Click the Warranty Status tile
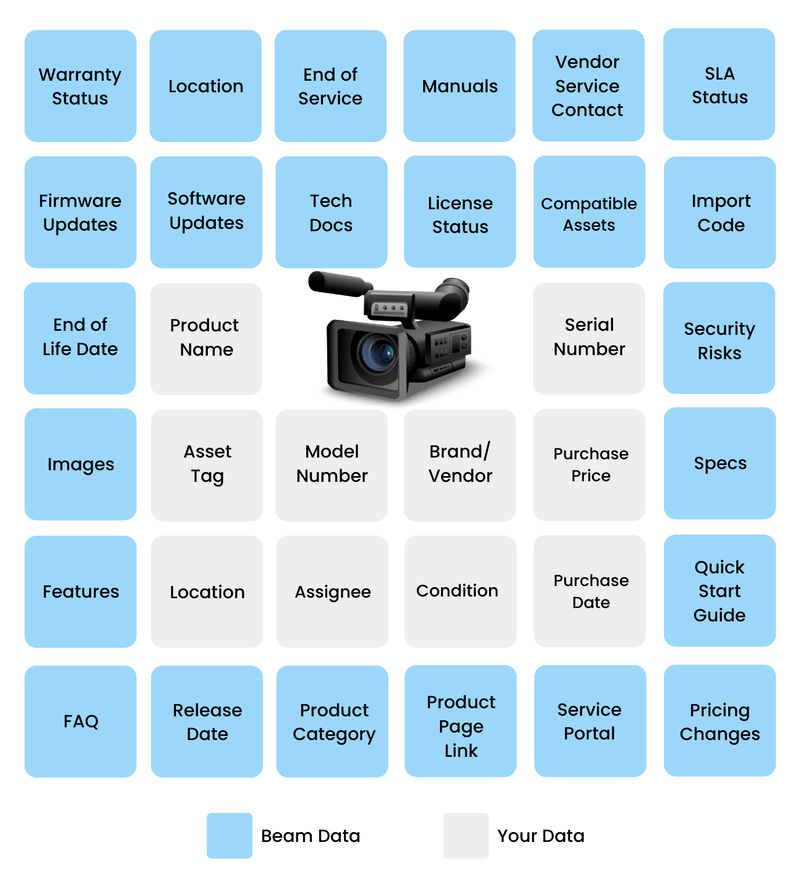point(80,86)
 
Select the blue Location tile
point(206,86)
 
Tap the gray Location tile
point(207,591)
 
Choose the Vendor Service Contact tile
point(588,86)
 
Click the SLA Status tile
point(719,86)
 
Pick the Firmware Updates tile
point(80,212)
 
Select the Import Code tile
point(720,212)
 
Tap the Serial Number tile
point(589,337)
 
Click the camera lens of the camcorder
point(378,352)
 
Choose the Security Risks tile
point(719,340)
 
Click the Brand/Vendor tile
point(460,464)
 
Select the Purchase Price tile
point(590,464)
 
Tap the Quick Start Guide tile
point(719,591)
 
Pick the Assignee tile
point(332,591)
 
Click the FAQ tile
point(80,720)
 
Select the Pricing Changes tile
point(719,720)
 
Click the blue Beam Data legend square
point(229,835)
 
